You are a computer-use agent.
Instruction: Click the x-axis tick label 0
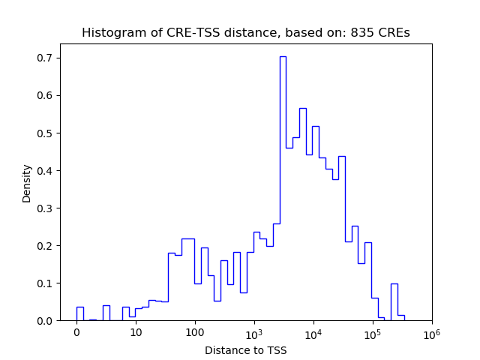[76, 332]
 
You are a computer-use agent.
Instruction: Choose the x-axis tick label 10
[136, 332]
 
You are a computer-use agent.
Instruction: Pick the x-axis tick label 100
[195, 332]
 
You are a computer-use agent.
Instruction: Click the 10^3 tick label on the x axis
[253, 332]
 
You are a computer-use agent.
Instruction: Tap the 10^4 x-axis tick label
[313, 332]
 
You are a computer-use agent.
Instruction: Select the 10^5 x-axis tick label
[372, 332]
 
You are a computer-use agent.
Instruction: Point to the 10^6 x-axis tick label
[431, 332]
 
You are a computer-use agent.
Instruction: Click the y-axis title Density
[27, 183]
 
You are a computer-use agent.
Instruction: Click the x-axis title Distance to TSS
[246, 349]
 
